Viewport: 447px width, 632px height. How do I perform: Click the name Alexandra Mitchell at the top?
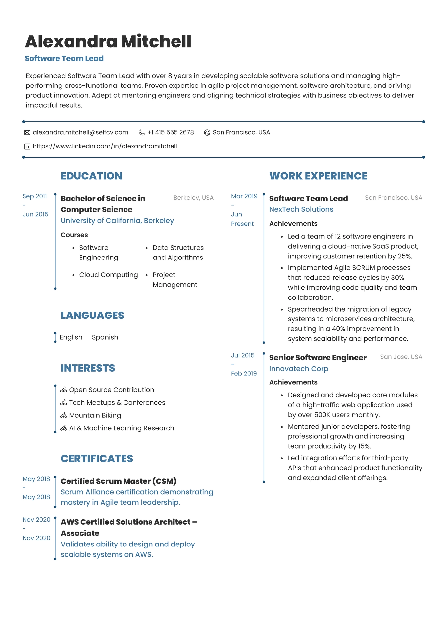click(x=108, y=42)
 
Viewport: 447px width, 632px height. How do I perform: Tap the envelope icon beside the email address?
click(x=27, y=133)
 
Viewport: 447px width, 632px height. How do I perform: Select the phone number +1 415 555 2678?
click(x=171, y=132)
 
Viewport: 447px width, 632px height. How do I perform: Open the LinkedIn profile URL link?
click(x=105, y=146)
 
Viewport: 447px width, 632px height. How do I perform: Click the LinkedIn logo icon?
click(x=27, y=146)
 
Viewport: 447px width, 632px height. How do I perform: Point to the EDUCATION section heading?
click(x=91, y=176)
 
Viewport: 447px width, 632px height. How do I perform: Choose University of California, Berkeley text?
click(x=117, y=221)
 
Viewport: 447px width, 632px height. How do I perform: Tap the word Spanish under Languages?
click(x=105, y=337)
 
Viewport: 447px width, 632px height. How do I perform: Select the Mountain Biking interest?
click(x=95, y=415)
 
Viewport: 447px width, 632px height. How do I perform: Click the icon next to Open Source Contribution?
click(x=64, y=390)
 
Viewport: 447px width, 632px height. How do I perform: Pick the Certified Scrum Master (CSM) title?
click(x=119, y=481)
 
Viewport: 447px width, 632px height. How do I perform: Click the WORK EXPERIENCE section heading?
click(x=318, y=176)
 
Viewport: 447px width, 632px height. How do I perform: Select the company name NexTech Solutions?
click(x=301, y=209)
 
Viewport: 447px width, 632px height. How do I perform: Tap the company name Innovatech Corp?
click(x=299, y=369)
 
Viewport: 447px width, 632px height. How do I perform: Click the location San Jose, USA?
click(x=401, y=357)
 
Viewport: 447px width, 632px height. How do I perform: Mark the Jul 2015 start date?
click(x=243, y=355)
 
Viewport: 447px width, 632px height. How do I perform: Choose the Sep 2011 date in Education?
click(x=35, y=196)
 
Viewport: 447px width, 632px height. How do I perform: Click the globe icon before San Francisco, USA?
click(x=207, y=133)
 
